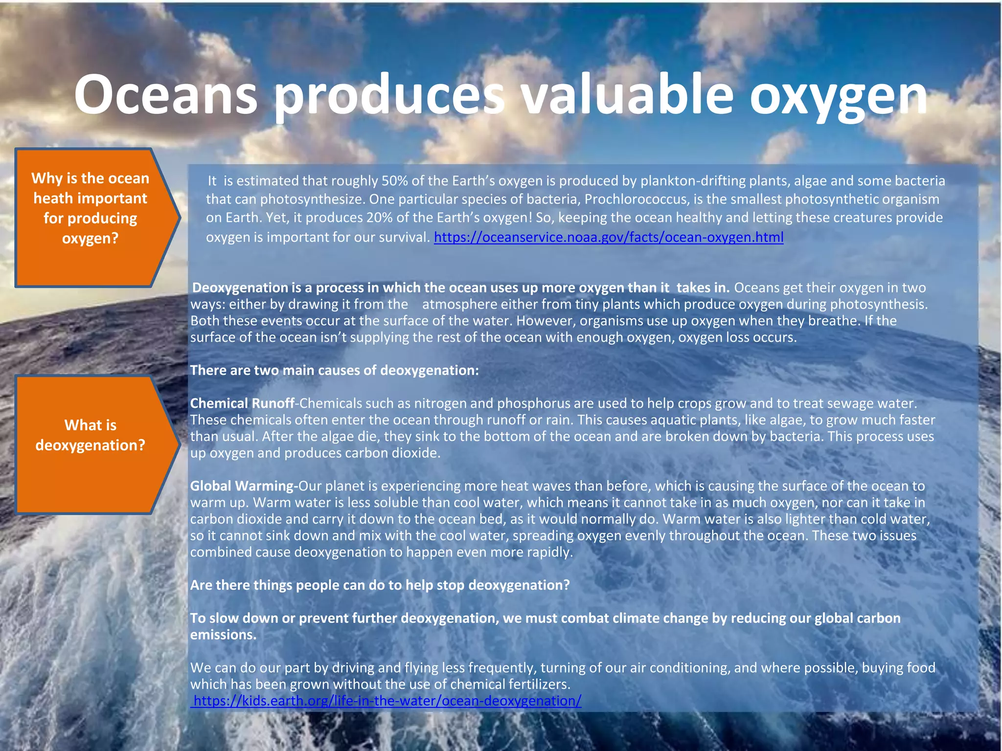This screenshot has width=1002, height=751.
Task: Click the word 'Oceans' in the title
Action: click(x=165, y=94)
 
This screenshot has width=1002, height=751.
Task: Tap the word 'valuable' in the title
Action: click(x=627, y=94)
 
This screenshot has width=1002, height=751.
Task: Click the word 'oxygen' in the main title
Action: click(x=838, y=98)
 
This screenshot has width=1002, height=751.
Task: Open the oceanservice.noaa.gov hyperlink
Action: click(x=608, y=237)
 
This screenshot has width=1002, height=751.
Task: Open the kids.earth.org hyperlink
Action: click(x=387, y=701)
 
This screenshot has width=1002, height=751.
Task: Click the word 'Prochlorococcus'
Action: click(x=636, y=199)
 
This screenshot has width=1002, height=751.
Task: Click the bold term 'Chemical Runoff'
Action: click(x=242, y=403)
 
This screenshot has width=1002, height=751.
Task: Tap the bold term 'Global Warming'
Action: click(x=243, y=486)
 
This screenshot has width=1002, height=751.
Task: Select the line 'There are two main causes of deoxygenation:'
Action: click(x=334, y=370)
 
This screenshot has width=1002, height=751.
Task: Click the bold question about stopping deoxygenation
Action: click(x=380, y=585)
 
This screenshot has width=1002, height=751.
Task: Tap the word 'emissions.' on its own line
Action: click(x=223, y=635)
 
